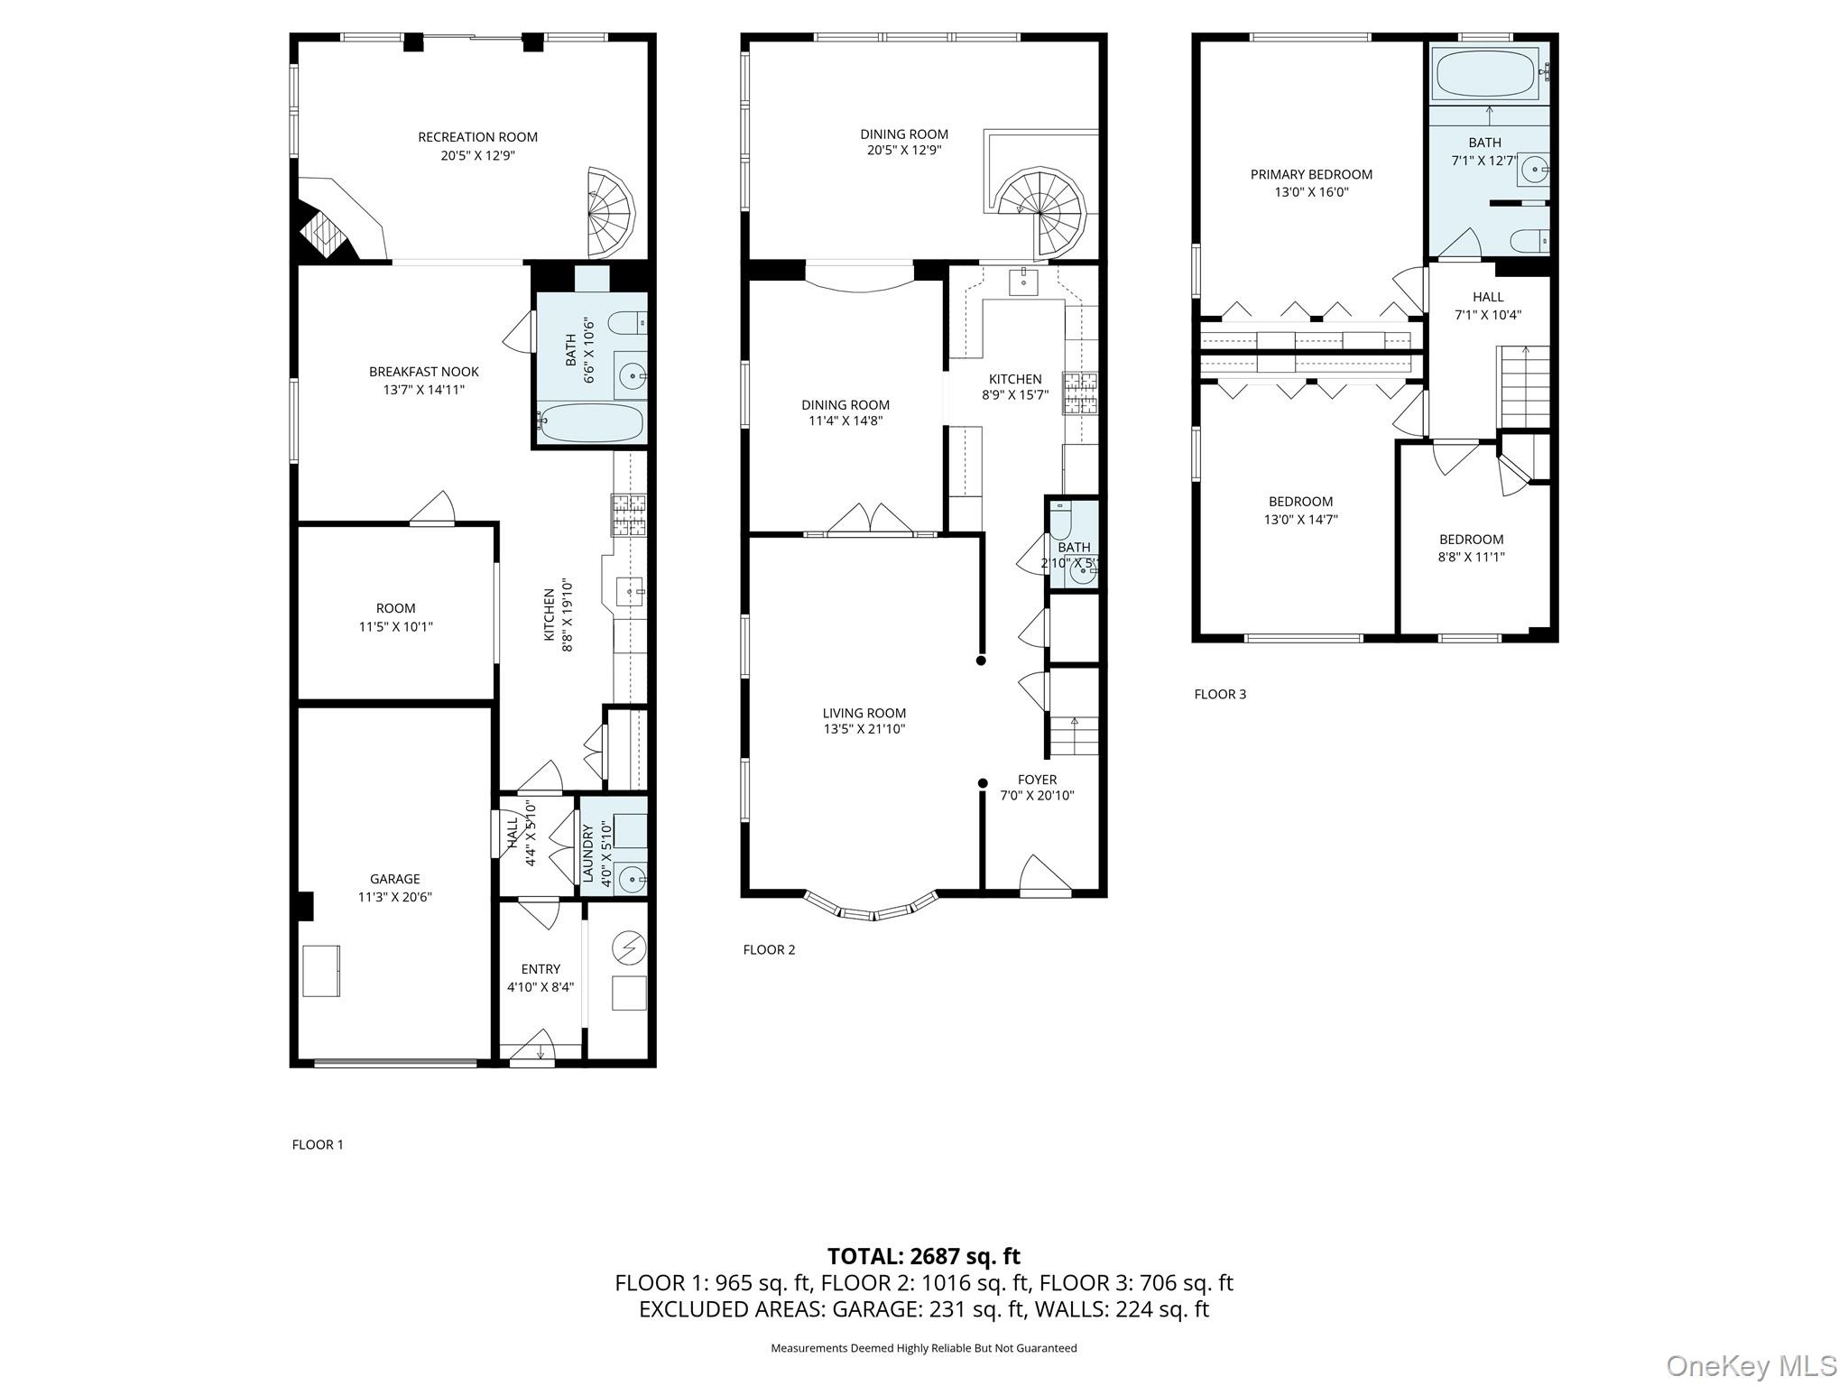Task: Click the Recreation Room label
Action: click(x=477, y=137)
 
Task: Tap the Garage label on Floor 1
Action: click(x=394, y=879)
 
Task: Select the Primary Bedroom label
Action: click(x=1311, y=174)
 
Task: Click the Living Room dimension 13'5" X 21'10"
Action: click(x=864, y=729)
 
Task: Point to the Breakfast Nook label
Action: click(x=423, y=372)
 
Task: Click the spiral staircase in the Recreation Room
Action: click(x=610, y=213)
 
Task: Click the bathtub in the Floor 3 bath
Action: click(x=1484, y=74)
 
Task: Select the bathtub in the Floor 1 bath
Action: click(x=591, y=422)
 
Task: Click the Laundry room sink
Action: click(x=633, y=876)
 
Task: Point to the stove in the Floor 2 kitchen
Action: click(x=1080, y=393)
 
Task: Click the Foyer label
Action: click(x=1037, y=780)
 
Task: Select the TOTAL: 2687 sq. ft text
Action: click(x=923, y=1256)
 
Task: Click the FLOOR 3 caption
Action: click(x=1220, y=694)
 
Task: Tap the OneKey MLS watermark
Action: click(x=1751, y=1365)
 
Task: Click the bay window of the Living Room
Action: click(x=872, y=908)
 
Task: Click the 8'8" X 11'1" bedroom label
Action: click(x=1471, y=557)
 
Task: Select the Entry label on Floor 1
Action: click(x=540, y=969)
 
